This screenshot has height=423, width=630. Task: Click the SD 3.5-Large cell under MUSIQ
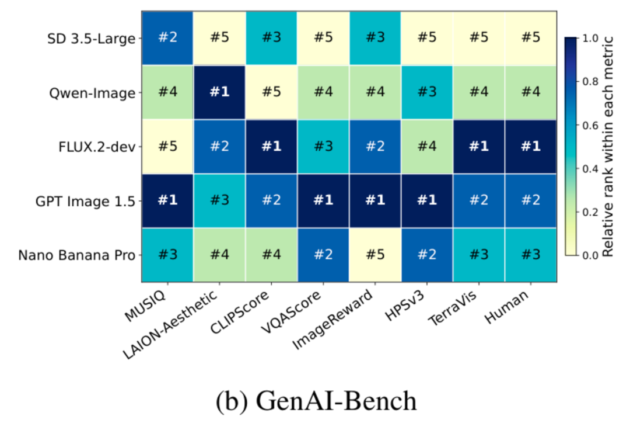pyautogui.click(x=167, y=38)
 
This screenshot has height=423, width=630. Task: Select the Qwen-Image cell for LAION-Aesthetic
pyautogui.click(x=219, y=92)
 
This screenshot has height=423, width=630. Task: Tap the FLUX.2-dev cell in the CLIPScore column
pyautogui.click(x=271, y=147)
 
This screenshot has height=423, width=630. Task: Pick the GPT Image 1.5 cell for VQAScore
pyautogui.click(x=323, y=200)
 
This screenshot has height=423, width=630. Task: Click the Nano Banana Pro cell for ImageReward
pyautogui.click(x=375, y=255)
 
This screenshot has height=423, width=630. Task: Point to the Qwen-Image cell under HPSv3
pyautogui.click(x=426, y=92)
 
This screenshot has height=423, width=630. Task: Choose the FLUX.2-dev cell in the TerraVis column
pyautogui.click(x=478, y=147)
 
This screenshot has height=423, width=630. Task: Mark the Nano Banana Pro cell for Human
pyautogui.click(x=531, y=255)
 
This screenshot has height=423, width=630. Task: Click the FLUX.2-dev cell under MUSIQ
pyautogui.click(x=167, y=147)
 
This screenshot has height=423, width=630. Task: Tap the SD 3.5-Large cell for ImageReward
pyautogui.click(x=375, y=38)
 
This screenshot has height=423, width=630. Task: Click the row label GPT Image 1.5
pyautogui.click(x=85, y=201)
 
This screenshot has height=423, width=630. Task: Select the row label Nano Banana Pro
pyautogui.click(x=77, y=255)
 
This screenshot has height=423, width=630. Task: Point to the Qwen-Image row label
pyautogui.click(x=92, y=93)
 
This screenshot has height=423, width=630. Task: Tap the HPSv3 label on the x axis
pyautogui.click(x=406, y=306)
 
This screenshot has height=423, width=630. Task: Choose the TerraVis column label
pyautogui.click(x=453, y=308)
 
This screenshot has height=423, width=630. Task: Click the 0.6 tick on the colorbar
pyautogui.click(x=587, y=125)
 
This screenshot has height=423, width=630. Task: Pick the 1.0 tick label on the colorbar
pyautogui.click(x=590, y=38)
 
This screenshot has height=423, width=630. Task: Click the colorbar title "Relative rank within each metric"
pyautogui.click(x=608, y=147)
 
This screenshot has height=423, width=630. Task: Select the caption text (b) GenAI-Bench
pyautogui.click(x=316, y=401)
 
